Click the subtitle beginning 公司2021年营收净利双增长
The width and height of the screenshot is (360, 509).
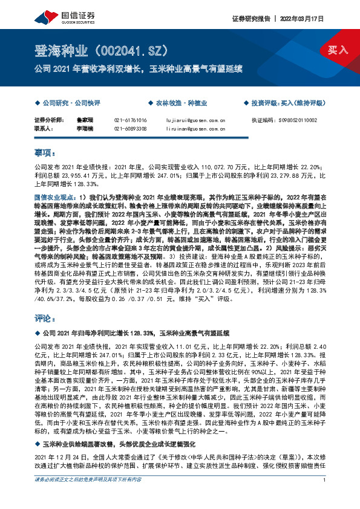tap(140, 67)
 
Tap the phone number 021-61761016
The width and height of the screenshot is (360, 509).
tap(130, 120)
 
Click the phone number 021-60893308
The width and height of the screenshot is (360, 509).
tap(130, 129)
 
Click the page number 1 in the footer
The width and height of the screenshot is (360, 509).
tap(325, 498)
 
